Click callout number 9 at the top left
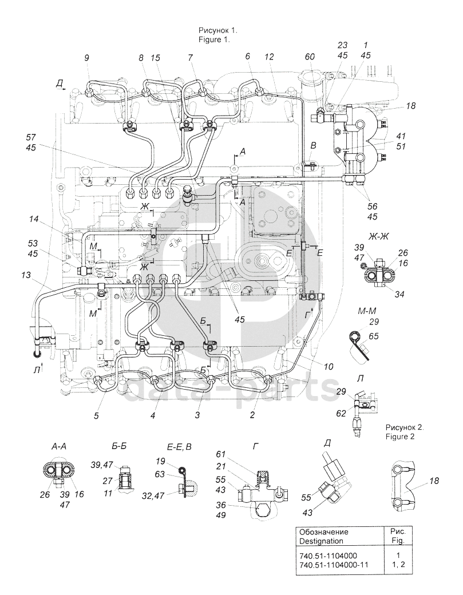[x=87, y=58]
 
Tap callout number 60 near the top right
[x=310, y=58]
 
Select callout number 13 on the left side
[x=26, y=275]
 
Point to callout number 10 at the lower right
[x=329, y=367]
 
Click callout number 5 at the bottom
[x=96, y=416]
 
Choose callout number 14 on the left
[x=34, y=219]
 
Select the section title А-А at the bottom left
[x=59, y=447]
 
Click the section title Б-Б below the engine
[x=120, y=447]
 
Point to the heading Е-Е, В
[x=179, y=447]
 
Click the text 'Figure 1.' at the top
[x=215, y=39]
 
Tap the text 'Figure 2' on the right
[x=401, y=437]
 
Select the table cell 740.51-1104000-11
[x=334, y=564]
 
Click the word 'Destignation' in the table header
[x=321, y=541]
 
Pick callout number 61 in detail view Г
[x=221, y=454]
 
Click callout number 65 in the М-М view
[x=374, y=336]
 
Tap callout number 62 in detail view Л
[x=341, y=413]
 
